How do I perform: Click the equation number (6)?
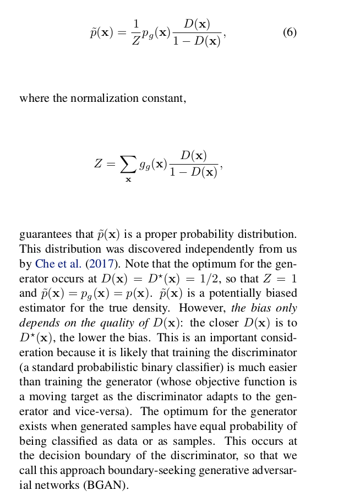[290, 32]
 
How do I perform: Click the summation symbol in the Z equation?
[128, 163]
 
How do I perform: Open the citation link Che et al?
[58, 264]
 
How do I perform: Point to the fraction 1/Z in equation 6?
[135, 32]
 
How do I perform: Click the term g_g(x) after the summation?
[153, 164]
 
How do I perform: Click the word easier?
[281, 368]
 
